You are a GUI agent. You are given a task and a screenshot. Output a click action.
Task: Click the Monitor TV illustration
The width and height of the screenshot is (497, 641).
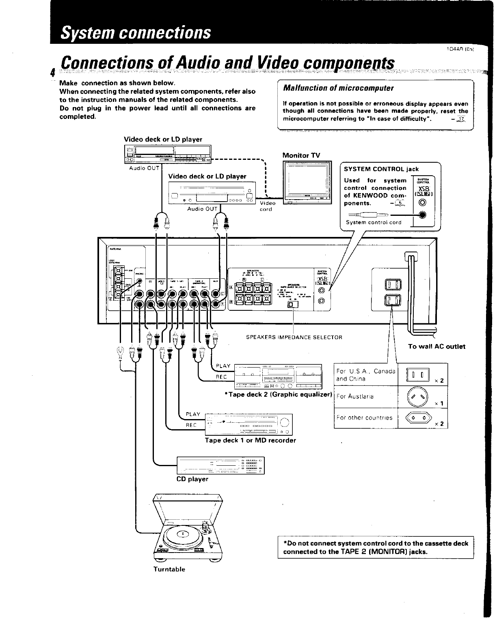point(307,183)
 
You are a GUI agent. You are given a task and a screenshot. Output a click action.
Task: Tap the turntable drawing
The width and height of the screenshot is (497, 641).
point(187,527)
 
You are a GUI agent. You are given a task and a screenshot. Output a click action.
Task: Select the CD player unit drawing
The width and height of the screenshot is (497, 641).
point(220,465)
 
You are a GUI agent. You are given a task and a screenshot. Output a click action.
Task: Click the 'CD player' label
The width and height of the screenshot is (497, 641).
point(192,479)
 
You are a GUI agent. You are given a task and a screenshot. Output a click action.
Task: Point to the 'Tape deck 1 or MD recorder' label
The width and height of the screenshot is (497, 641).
point(250,440)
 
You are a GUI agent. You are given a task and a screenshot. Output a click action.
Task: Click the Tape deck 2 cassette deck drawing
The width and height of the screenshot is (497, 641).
point(278,376)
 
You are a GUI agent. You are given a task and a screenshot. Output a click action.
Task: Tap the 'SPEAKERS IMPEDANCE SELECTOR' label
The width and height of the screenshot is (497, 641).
point(294,337)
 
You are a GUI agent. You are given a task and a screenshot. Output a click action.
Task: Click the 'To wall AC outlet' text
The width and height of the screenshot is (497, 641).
point(436,346)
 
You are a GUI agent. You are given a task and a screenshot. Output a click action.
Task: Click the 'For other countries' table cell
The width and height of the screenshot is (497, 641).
point(364,417)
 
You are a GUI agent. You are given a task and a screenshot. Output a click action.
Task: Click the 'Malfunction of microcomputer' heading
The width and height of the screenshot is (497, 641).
point(338,88)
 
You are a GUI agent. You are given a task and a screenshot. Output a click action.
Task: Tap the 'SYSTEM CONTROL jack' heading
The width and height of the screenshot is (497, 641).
point(381,169)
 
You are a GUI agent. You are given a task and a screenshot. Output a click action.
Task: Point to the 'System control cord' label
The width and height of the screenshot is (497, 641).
point(373,222)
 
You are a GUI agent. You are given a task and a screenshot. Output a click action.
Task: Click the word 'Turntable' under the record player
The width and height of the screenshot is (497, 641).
point(169,569)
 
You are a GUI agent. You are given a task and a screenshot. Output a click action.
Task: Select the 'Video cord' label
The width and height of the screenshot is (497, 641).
point(268,206)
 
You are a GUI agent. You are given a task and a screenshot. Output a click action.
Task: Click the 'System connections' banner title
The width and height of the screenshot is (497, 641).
point(136,32)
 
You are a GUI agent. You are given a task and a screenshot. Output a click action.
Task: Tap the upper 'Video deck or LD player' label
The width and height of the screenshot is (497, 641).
point(163,139)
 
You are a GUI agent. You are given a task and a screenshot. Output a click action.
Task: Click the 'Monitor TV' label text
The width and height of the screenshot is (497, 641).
point(301,155)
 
